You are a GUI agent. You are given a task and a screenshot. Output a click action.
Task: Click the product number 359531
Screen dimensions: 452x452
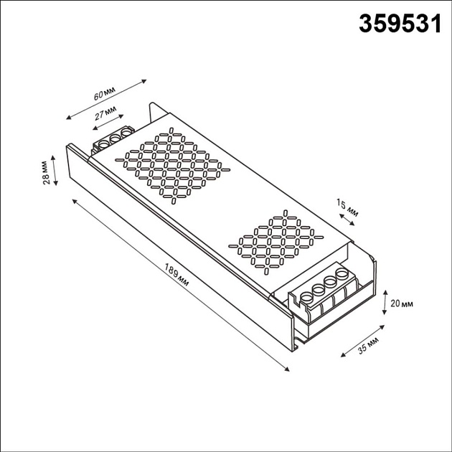399,24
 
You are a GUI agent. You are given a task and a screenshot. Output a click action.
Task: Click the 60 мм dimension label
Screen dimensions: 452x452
105,95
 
